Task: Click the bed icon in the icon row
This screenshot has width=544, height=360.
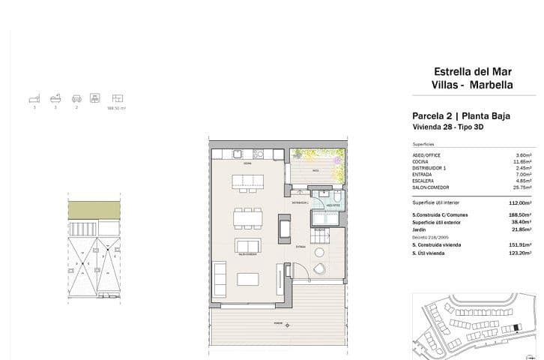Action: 33,98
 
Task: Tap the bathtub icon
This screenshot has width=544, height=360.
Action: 54,98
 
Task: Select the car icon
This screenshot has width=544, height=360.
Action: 76,98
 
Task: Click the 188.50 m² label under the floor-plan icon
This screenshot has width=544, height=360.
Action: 117,108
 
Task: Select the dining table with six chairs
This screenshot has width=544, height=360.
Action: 247,218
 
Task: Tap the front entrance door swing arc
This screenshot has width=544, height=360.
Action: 297,272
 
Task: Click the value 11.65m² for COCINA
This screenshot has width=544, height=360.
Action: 522,161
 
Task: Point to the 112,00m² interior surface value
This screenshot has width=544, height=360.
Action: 519,202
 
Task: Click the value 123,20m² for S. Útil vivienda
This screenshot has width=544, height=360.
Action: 519,253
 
